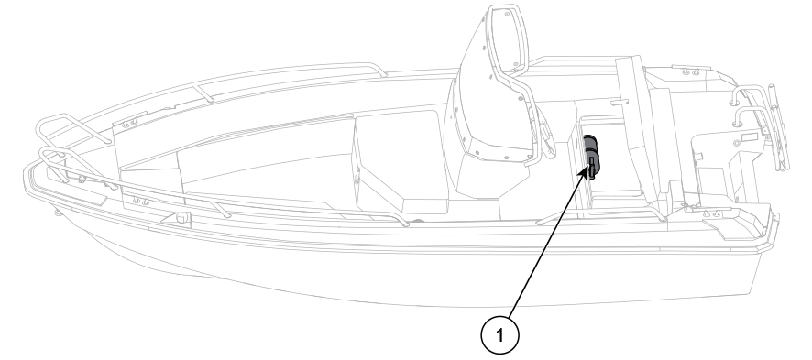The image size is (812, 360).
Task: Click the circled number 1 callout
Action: (499, 335)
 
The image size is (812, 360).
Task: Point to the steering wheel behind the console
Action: (543, 136)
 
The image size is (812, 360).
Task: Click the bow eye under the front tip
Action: (57, 213)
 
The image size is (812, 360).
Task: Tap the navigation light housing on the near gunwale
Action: (181, 218)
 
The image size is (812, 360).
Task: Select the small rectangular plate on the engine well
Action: (749, 137)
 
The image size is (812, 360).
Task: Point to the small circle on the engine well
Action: (736, 143)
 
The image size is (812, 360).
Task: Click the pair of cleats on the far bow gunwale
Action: (129, 122)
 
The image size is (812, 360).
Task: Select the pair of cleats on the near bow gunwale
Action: (140, 201)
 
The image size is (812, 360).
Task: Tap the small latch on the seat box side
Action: (357, 177)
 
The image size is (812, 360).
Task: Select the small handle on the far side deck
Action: (619, 102)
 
